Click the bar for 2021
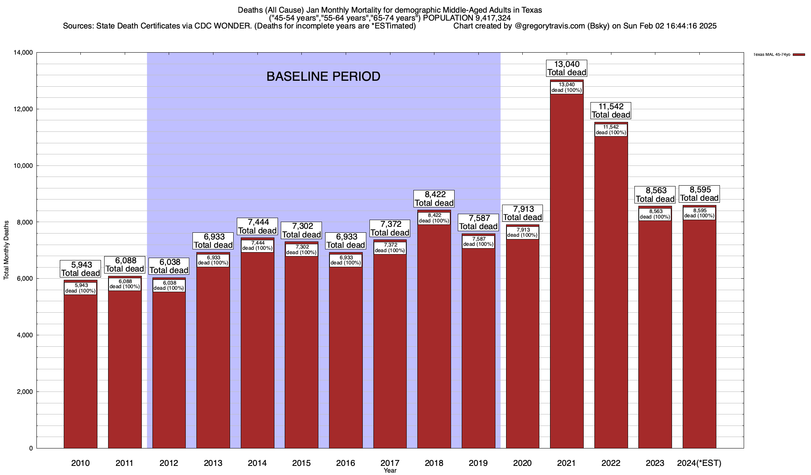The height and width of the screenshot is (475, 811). (567, 277)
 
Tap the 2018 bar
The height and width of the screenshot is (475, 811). (434, 336)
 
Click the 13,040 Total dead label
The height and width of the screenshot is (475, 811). (567, 68)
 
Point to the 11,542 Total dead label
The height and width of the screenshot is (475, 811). (611, 110)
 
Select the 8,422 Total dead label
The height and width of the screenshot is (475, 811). (434, 199)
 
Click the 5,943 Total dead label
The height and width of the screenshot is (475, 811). (80, 269)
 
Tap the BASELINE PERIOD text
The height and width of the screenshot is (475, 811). (323, 76)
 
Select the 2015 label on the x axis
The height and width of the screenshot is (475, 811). (301, 463)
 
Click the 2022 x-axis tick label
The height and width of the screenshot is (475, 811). (611, 463)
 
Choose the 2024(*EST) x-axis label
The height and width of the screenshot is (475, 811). (699, 463)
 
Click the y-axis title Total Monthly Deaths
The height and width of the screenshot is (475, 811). (6, 250)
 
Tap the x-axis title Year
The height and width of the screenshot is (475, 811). (390, 471)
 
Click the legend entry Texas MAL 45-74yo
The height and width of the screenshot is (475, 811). (772, 55)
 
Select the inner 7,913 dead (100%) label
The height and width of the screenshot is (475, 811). (522, 232)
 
